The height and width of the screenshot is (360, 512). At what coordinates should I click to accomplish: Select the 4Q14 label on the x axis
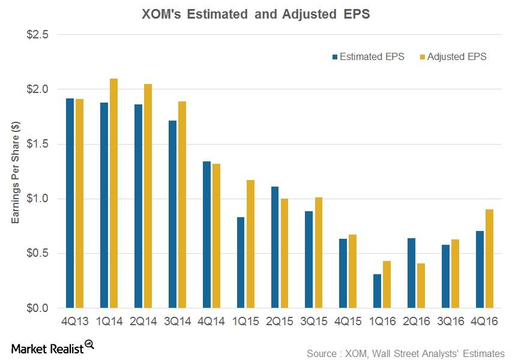click(211, 322)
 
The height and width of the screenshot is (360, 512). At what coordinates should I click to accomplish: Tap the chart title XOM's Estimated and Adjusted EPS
click(256, 14)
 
